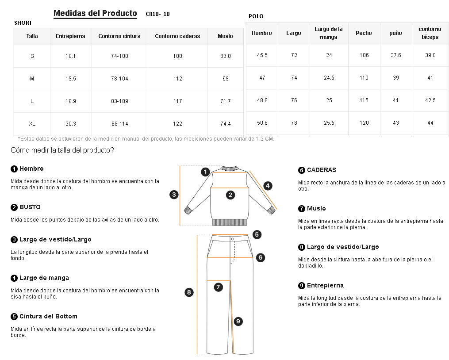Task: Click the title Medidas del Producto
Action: [x=95, y=13]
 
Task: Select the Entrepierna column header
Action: [x=70, y=36]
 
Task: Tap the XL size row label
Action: [x=32, y=124]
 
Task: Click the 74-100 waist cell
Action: [x=119, y=56]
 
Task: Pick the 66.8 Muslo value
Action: [x=225, y=56]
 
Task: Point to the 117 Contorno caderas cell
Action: [x=177, y=101]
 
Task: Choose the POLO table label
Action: [x=256, y=16]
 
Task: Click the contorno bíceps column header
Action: [x=430, y=33]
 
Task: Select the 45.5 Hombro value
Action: [x=262, y=55]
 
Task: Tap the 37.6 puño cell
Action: [x=396, y=55]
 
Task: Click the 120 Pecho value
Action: [x=364, y=123]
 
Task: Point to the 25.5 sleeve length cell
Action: [x=329, y=123]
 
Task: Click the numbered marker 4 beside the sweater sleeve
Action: [x=268, y=186]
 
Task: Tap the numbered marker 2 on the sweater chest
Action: [x=230, y=195]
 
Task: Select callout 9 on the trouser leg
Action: [x=238, y=322]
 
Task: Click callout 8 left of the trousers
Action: [x=189, y=292]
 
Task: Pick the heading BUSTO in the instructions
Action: [x=30, y=207]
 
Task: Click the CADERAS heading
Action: [x=321, y=170]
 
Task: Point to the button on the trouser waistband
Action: [x=232, y=238]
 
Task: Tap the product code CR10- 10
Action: [x=157, y=14]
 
